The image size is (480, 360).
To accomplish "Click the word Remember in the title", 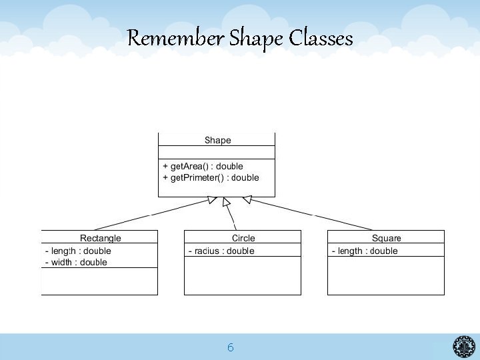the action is [x=175, y=39].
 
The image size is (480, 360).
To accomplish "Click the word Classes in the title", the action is [x=321, y=39].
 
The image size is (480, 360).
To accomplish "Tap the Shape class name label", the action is [x=217, y=140].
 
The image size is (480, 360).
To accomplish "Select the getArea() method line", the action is [x=203, y=166].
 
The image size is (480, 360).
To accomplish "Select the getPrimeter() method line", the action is [x=211, y=177].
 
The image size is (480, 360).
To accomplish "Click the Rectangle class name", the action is [x=101, y=238].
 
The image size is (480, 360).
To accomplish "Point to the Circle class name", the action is [x=243, y=238].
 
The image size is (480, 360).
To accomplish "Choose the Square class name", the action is [x=387, y=238].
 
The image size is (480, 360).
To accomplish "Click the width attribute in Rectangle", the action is [x=76, y=262].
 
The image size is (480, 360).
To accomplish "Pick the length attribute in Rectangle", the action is [x=78, y=251].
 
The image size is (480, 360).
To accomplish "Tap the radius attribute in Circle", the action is [x=221, y=251].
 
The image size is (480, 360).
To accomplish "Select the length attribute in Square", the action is [x=365, y=251].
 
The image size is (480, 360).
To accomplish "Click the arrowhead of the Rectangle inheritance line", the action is [x=213, y=199].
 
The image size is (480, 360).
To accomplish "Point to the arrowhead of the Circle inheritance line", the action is [x=227, y=201].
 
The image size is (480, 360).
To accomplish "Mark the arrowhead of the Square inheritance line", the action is [x=247, y=199].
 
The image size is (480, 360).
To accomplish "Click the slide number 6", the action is [x=230, y=347].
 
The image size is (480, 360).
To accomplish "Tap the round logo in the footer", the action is [x=464, y=347].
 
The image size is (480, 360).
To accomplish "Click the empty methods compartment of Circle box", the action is [x=242, y=275].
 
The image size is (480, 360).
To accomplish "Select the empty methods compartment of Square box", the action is [x=385, y=275].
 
